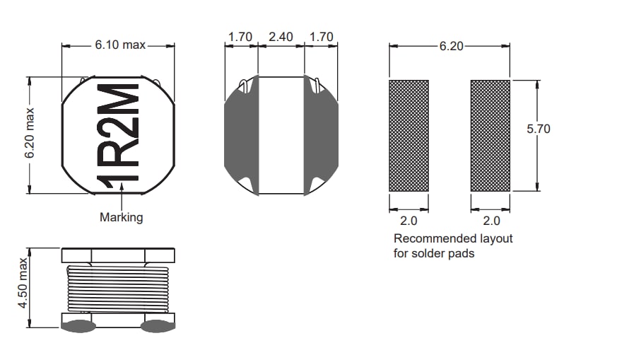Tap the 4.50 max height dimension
(x=23, y=286)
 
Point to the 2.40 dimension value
(x=281, y=37)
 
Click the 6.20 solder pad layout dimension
(x=449, y=46)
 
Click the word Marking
(x=121, y=217)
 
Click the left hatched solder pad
(x=408, y=135)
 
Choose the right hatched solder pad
(x=490, y=135)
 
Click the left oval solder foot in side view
(x=78, y=326)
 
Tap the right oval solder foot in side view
(x=157, y=326)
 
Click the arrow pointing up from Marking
(x=122, y=194)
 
